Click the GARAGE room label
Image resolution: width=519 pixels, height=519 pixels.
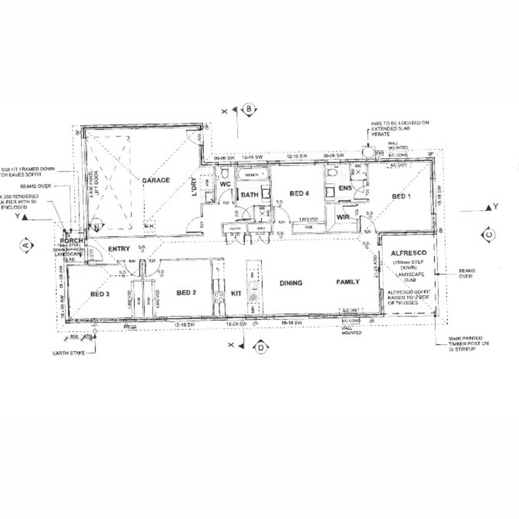[156, 180]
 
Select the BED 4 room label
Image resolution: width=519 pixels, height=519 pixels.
[299, 194]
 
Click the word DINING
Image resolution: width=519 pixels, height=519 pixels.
[291, 283]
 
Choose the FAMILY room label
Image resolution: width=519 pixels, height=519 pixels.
[348, 282]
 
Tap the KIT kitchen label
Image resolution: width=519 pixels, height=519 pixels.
[236, 294]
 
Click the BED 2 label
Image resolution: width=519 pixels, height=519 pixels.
[186, 293]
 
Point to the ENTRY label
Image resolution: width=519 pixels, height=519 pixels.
[119, 249]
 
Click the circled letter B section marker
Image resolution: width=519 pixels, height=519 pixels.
[250, 110]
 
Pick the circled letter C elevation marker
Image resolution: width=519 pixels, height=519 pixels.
[488, 235]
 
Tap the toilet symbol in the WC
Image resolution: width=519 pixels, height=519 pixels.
[224, 172]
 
